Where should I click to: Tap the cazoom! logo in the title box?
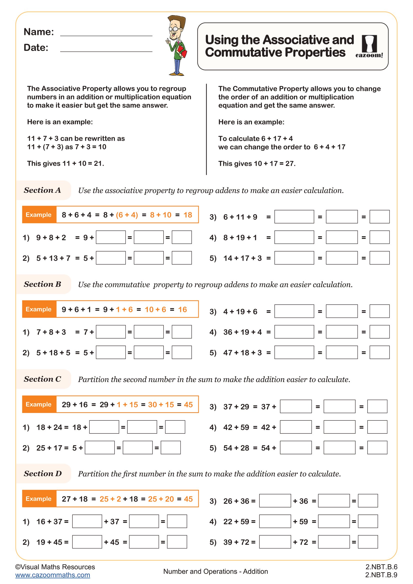pyautogui.click(x=369, y=46)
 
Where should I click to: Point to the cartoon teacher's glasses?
pyautogui.click(x=175, y=29)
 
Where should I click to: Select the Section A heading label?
pyautogui.click(x=42, y=190)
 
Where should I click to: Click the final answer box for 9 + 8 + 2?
pyautogui.click(x=182, y=237)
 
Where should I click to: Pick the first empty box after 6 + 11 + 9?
pyautogui.click(x=294, y=217)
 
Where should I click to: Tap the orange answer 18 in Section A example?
pyautogui.click(x=188, y=215)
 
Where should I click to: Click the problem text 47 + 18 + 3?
pyautogui.click(x=242, y=353)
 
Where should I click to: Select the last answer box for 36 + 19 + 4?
pyautogui.click(x=379, y=332)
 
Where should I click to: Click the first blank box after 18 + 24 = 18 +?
pyautogui.click(x=104, y=427)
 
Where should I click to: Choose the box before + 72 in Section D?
pyautogui.click(x=275, y=542)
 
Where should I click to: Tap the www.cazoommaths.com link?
pyautogui.click(x=53, y=575)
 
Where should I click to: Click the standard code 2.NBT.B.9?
pyautogui.click(x=381, y=575)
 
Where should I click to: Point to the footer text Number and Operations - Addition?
pyautogui.click(x=215, y=571)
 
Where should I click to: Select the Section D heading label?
pyautogui.click(x=43, y=474)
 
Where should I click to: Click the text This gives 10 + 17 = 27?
pyautogui.click(x=257, y=164)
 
